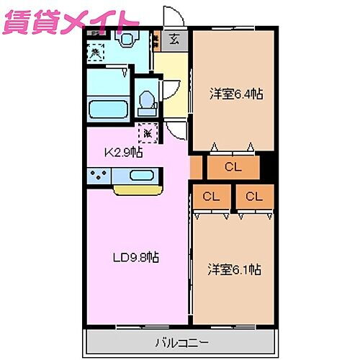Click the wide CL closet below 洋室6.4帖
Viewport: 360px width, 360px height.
click(232, 168)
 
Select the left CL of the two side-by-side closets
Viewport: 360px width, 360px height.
click(211, 196)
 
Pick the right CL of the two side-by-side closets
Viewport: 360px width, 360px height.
click(253, 196)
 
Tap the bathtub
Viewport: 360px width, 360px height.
click(108, 110)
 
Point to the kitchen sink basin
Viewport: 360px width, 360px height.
click(141, 175)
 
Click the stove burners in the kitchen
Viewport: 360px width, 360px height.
click(99, 175)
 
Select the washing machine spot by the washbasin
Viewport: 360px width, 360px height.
click(95, 51)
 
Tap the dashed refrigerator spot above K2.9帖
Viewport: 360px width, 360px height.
click(148, 132)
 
